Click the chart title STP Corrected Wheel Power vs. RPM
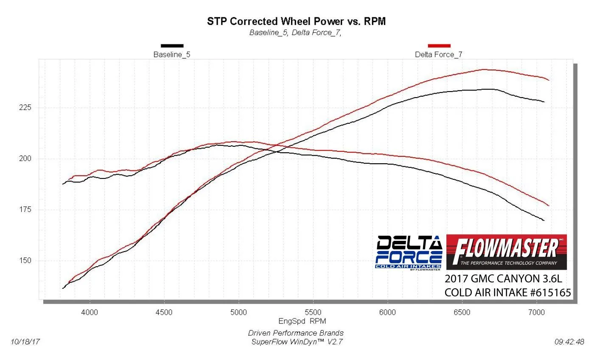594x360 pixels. (296, 21)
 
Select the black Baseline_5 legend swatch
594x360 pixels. (172, 45)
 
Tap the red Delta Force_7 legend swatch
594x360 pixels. (439, 45)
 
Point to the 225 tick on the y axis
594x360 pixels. (26, 108)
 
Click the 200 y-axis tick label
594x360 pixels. (26, 159)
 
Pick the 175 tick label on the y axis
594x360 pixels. (26, 210)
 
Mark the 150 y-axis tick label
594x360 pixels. (26, 261)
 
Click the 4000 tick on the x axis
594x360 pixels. (90, 313)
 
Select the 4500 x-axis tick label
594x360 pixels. (164, 313)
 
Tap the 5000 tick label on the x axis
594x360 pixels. (238, 313)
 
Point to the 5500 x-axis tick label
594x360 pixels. (313, 313)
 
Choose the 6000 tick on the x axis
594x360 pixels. (387, 313)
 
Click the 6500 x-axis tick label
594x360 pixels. (462, 313)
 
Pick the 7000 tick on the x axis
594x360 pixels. (536, 313)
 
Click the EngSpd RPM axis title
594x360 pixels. (302, 321)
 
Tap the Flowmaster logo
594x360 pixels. (507, 252)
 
